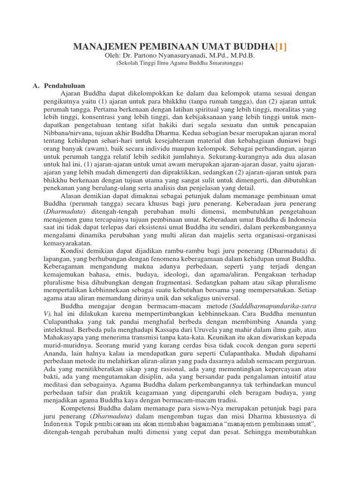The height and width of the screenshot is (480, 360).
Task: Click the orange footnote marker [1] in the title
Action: pos(281,46)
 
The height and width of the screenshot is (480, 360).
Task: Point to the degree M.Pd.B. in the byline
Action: pos(243,56)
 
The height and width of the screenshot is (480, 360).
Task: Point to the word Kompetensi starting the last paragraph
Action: pos(80,409)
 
